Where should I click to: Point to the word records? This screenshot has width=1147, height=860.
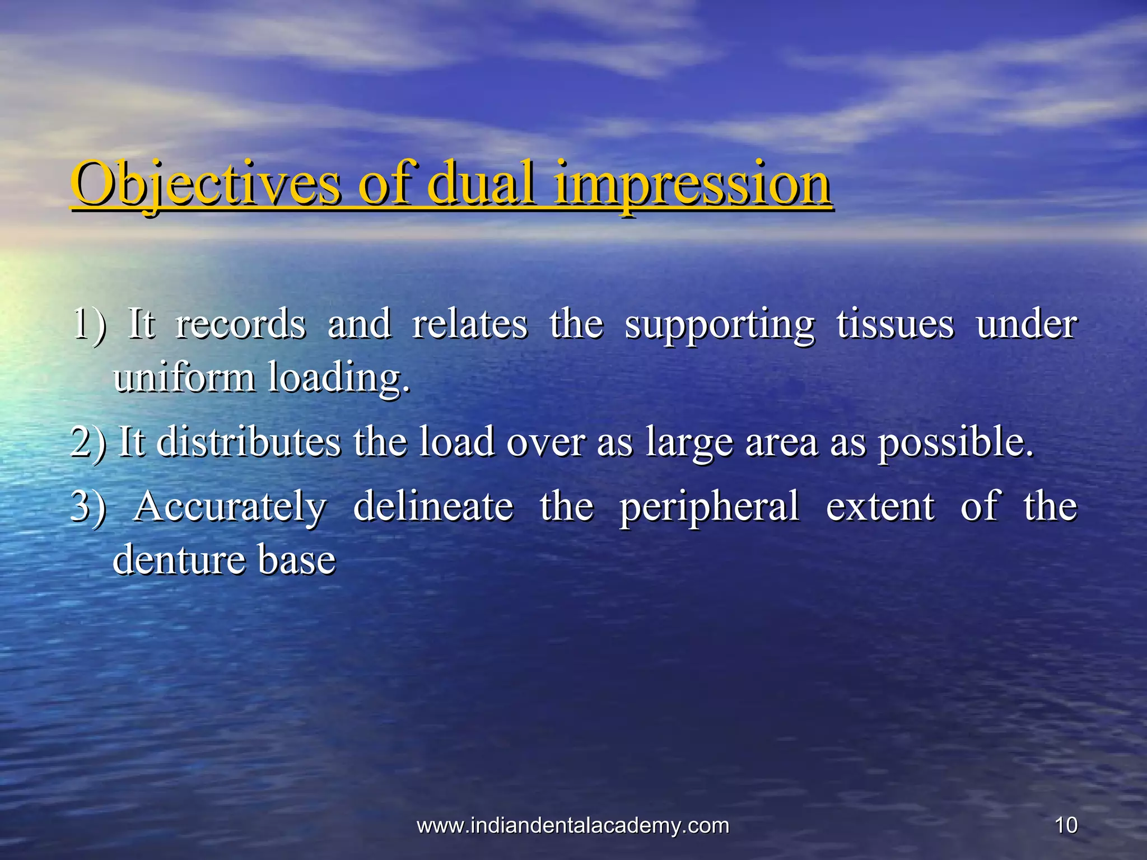(241, 324)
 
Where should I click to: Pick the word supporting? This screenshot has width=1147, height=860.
(720, 325)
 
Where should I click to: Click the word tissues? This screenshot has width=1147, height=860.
(895, 324)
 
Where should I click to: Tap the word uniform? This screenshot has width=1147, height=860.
(184, 377)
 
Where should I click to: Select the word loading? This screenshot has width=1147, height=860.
(339, 378)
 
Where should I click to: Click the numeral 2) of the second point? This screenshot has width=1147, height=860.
(88, 442)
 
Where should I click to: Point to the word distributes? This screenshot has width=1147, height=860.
(249, 442)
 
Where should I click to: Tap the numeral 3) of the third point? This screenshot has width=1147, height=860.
(88, 506)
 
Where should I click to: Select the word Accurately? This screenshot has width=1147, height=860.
(230, 507)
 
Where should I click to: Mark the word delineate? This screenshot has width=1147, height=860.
(433, 506)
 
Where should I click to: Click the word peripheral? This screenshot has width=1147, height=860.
(709, 507)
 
